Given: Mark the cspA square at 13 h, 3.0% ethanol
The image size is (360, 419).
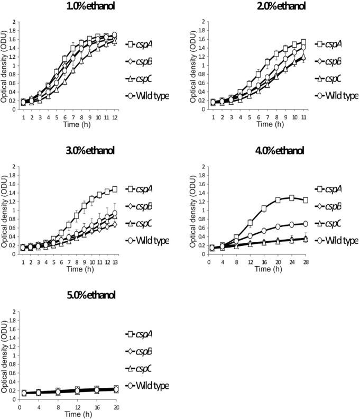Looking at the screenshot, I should click(x=114, y=189).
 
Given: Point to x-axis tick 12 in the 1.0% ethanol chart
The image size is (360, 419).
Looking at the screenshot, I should click(x=115, y=116).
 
